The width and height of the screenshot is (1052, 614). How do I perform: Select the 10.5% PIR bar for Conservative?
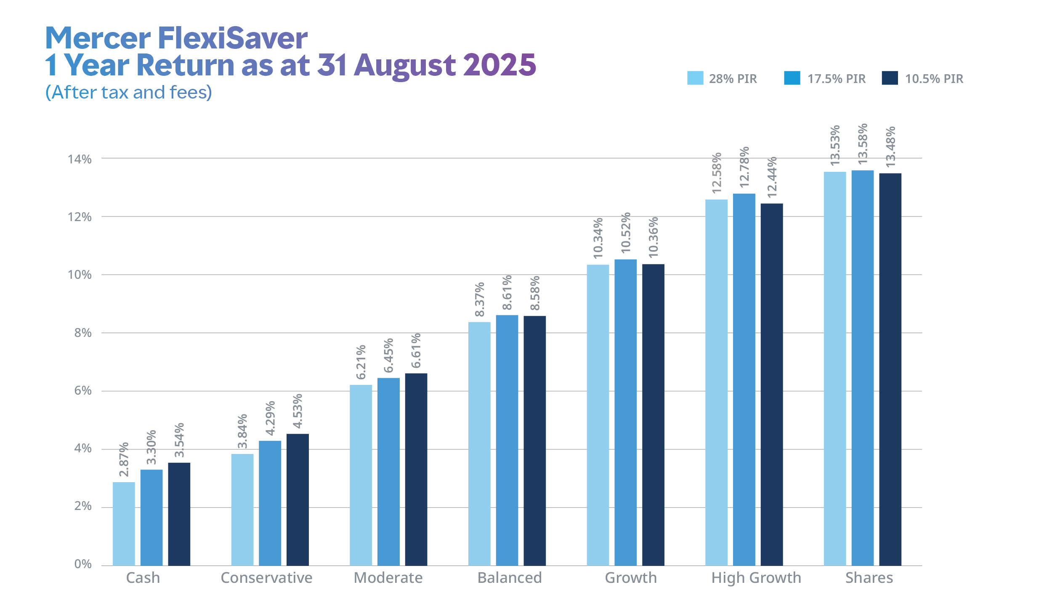point(298,499)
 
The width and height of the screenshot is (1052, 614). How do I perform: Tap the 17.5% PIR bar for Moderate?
point(388,472)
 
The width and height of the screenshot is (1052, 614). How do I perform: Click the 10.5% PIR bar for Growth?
point(653,414)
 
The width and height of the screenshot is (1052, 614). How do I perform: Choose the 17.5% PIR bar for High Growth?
point(744,379)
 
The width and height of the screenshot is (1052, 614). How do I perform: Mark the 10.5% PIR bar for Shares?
point(890,369)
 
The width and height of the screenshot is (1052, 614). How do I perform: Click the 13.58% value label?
point(863,144)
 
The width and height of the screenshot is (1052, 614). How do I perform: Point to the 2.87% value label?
point(124,459)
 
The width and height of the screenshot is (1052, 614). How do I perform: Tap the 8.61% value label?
point(507,292)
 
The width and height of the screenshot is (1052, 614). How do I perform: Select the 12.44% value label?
point(772,177)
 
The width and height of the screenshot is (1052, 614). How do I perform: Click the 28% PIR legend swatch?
point(695,78)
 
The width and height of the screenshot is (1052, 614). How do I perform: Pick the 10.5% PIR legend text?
point(934,79)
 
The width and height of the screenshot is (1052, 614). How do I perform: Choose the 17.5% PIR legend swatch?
point(792,78)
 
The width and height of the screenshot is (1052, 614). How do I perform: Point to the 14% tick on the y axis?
point(80,159)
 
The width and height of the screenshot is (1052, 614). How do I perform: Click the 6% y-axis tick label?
point(82,390)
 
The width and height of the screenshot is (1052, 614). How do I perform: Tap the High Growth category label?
point(756,578)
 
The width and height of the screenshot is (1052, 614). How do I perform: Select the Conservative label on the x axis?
point(266,578)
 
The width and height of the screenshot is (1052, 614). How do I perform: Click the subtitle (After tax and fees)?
point(129,92)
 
